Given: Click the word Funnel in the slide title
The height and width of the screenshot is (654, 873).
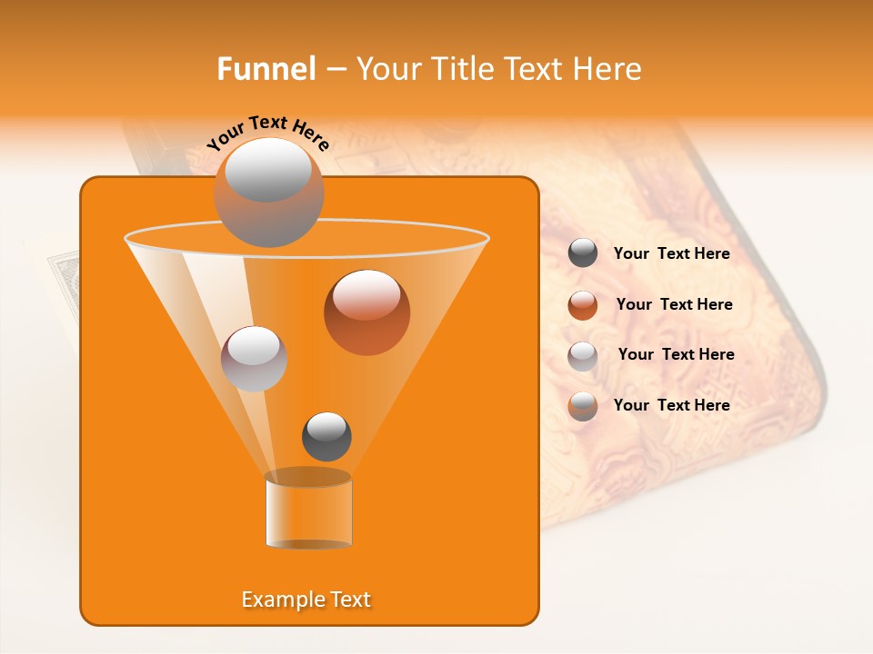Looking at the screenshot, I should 266,69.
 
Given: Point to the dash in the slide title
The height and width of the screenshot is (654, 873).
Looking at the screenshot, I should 336,70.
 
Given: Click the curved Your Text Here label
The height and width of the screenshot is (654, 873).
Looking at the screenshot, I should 268,132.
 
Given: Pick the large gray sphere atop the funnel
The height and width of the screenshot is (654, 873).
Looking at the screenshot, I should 268,192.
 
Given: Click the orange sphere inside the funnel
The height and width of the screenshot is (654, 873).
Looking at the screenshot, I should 366,312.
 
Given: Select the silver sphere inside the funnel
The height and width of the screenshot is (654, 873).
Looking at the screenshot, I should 254,358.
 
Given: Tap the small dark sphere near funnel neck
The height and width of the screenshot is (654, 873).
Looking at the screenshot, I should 326,436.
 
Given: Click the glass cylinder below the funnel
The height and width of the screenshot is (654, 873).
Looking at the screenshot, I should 308,510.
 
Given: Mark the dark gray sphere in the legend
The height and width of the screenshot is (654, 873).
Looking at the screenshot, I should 583,253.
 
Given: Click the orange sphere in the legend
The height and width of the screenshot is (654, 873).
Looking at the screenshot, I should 583,305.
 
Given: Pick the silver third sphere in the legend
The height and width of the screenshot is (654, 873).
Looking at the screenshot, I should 583,355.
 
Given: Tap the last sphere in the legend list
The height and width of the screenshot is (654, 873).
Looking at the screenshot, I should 583,406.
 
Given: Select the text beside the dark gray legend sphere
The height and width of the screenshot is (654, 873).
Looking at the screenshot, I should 671,253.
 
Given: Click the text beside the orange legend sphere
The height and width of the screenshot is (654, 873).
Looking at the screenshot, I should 674,304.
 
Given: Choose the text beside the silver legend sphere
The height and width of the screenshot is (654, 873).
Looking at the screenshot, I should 676,354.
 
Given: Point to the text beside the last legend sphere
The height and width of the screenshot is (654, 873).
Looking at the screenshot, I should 671,405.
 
